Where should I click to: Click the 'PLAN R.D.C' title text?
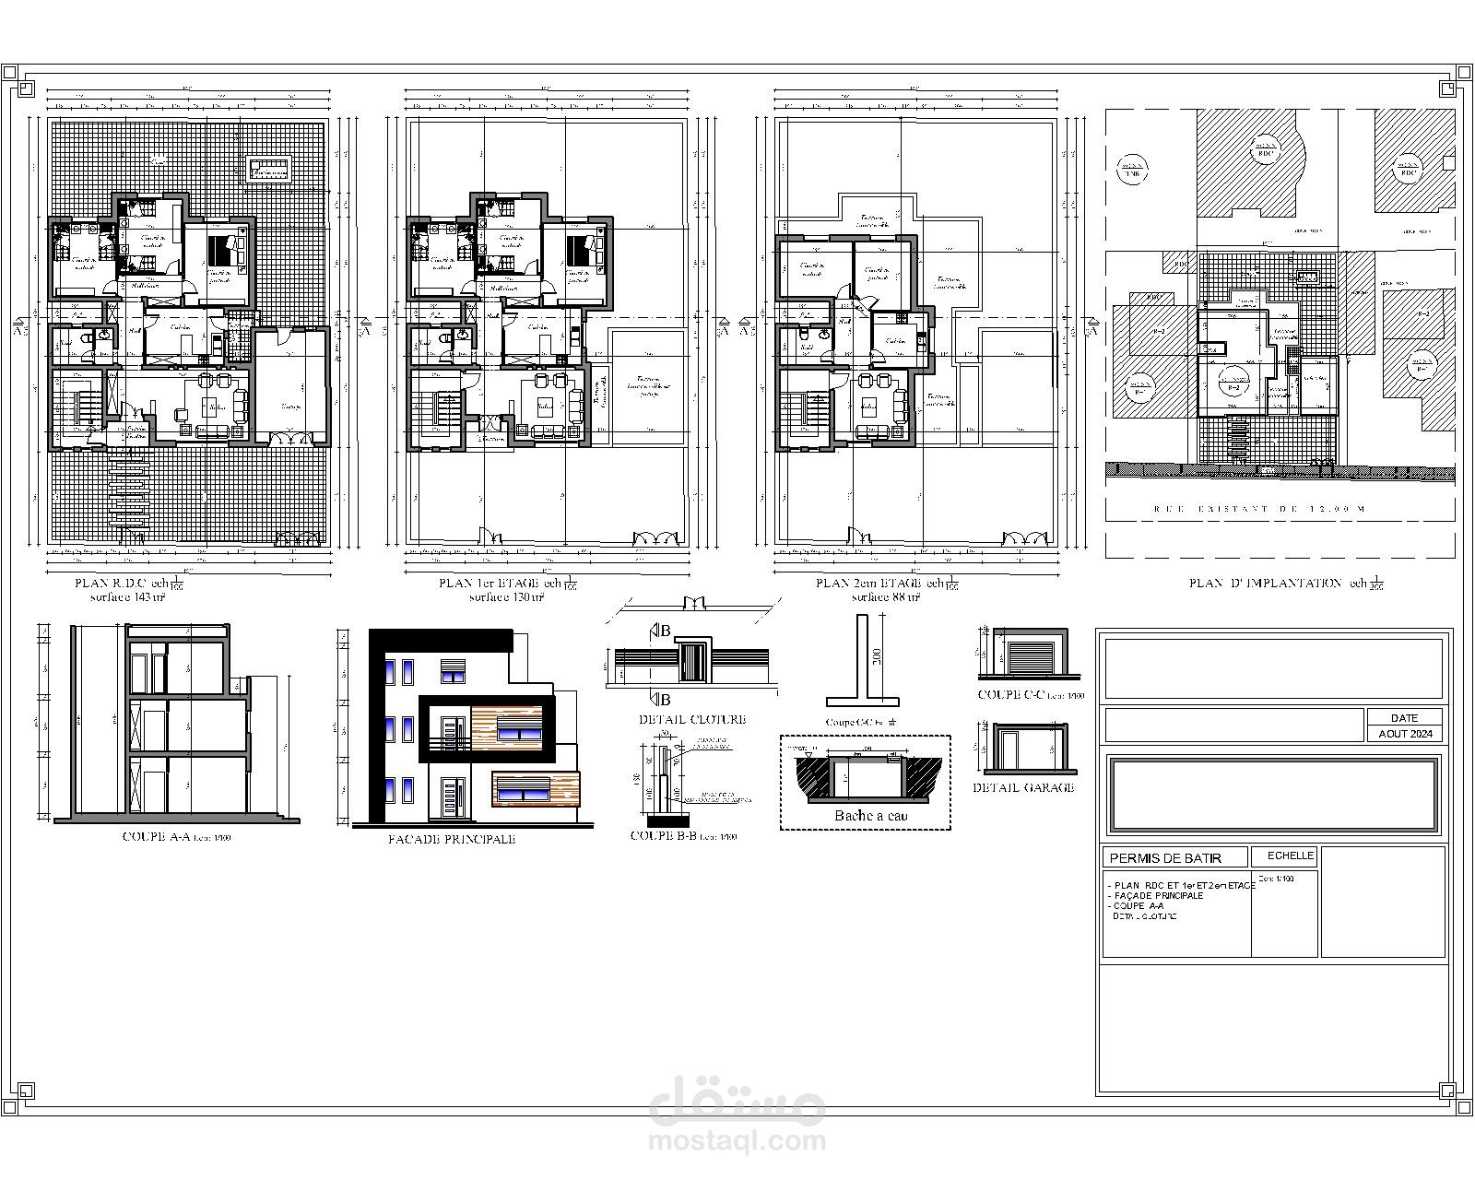click(111, 584)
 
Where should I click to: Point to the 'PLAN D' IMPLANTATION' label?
click(1265, 584)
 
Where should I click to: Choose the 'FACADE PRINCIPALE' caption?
click(452, 840)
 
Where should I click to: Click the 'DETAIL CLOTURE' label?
click(691, 719)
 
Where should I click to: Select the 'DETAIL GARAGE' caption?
click(1023, 787)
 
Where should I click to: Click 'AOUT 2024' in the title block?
click(1405, 734)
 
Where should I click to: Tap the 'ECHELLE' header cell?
click(1290, 856)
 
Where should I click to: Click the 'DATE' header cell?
click(1405, 717)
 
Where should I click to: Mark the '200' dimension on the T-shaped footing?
click(878, 657)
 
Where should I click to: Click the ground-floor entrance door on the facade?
click(451, 798)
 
